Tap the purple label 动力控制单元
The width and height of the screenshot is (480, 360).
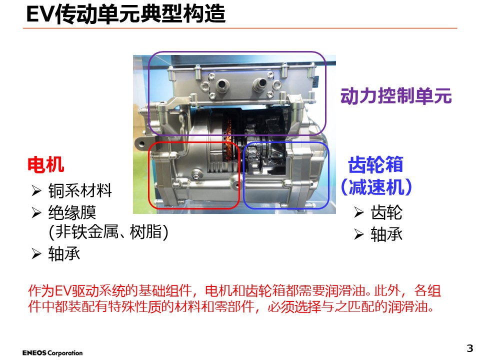click(x=396, y=95)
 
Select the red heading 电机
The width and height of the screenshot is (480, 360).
click(x=45, y=164)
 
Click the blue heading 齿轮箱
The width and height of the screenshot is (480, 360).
click(x=375, y=164)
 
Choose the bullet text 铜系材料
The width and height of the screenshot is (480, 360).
click(x=80, y=190)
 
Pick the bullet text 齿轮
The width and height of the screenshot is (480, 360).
click(x=386, y=213)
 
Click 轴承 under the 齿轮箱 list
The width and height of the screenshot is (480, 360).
click(x=386, y=234)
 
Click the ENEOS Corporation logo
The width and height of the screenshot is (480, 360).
click(x=52, y=353)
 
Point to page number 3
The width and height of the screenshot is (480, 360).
click(x=469, y=348)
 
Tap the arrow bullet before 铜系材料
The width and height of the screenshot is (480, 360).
click(x=36, y=190)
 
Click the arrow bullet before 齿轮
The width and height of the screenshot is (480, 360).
click(x=358, y=213)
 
